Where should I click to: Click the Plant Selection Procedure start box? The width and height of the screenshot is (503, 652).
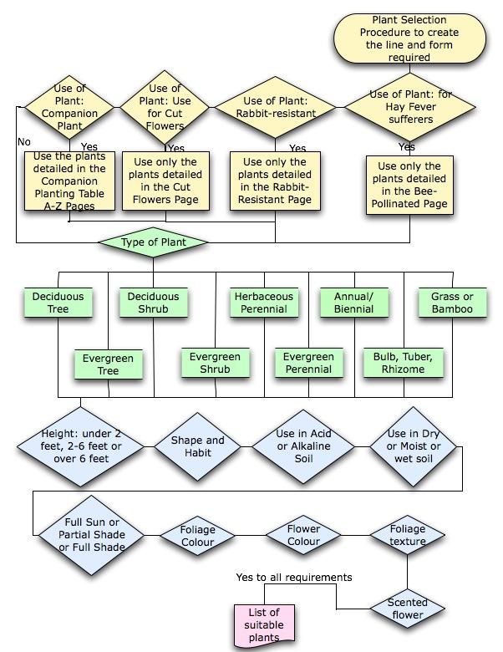409,38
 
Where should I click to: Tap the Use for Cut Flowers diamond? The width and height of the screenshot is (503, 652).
165,107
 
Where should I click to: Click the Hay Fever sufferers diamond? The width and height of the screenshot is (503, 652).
410,106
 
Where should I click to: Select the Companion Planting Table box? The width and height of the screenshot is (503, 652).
69,181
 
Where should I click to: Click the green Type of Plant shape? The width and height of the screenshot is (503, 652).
153,242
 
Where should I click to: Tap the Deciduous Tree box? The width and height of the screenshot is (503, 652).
58,303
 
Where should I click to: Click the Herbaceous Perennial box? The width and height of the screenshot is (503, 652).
263,303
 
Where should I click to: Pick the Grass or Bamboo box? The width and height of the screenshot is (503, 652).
452,303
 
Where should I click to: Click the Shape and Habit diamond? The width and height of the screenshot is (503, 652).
198,446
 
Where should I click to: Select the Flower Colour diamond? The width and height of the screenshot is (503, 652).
303,535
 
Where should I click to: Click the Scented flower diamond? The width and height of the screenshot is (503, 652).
407,608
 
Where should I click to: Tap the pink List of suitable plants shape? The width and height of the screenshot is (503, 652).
264,624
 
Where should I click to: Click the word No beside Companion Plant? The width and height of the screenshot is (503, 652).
23,142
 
